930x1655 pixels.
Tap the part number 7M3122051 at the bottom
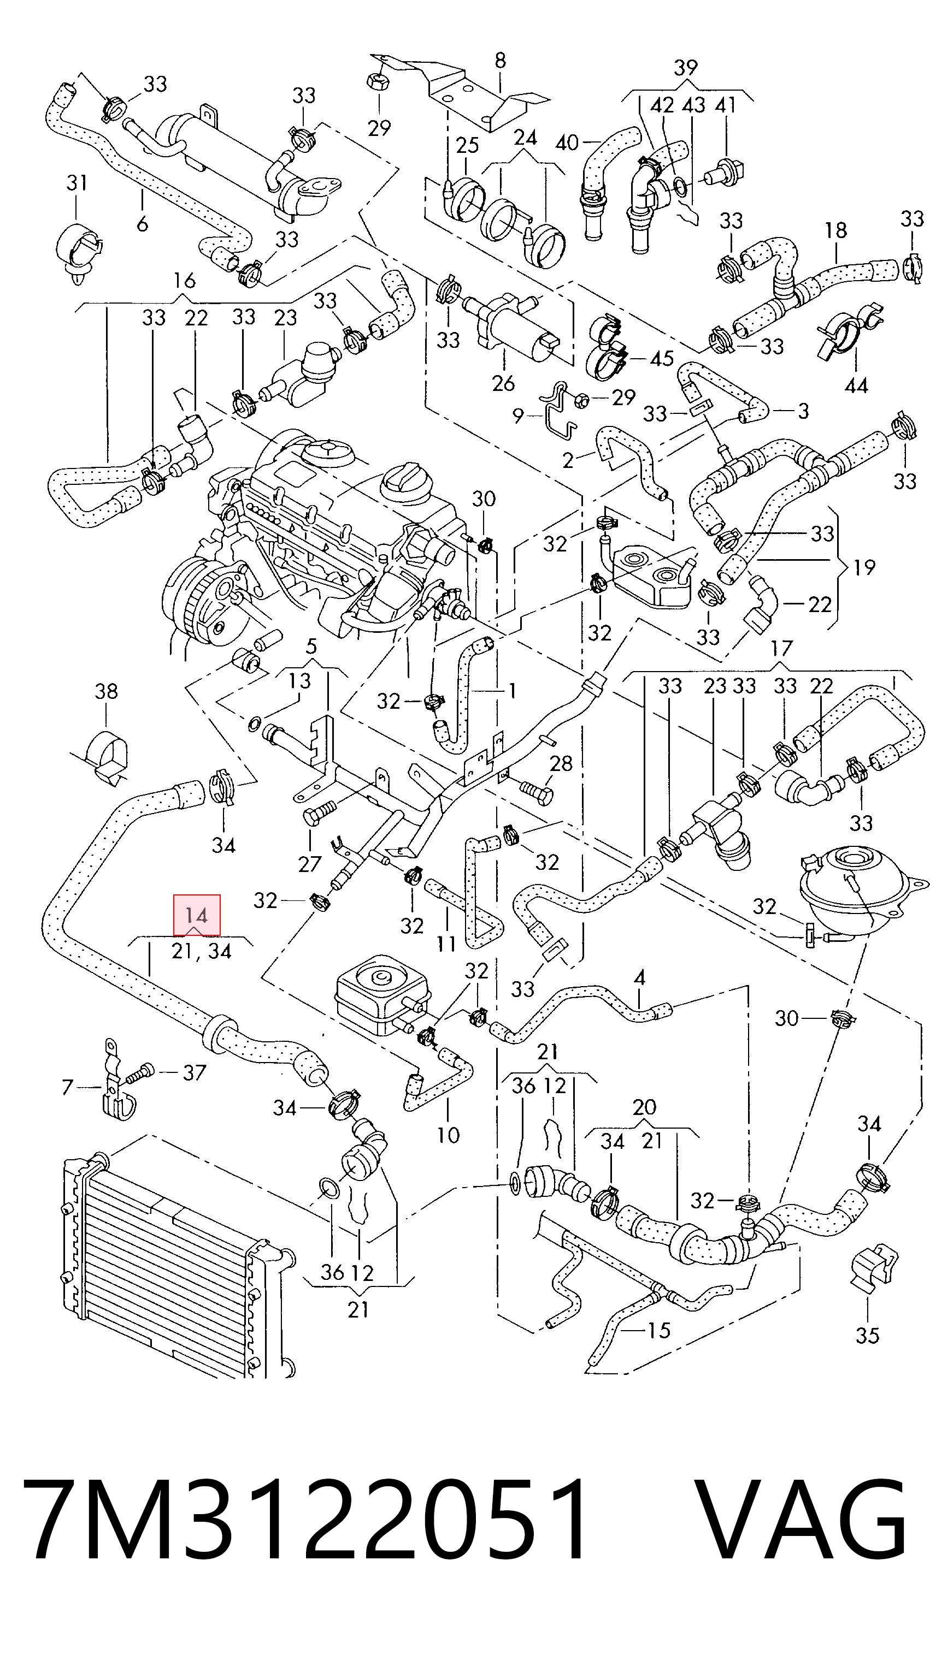click(305, 1517)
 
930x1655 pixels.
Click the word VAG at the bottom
click(803, 1517)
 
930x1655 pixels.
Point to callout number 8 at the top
click(500, 61)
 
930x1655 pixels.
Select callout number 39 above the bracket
click(686, 67)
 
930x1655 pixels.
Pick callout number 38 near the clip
click(106, 691)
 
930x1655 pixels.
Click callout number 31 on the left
click(76, 182)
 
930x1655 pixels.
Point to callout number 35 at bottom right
click(867, 1335)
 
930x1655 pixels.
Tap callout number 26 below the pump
click(503, 383)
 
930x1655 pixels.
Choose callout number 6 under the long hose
click(142, 223)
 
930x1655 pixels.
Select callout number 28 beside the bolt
click(561, 763)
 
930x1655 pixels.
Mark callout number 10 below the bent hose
click(448, 1135)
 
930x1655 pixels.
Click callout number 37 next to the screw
click(194, 1072)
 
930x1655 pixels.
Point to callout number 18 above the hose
click(836, 230)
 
